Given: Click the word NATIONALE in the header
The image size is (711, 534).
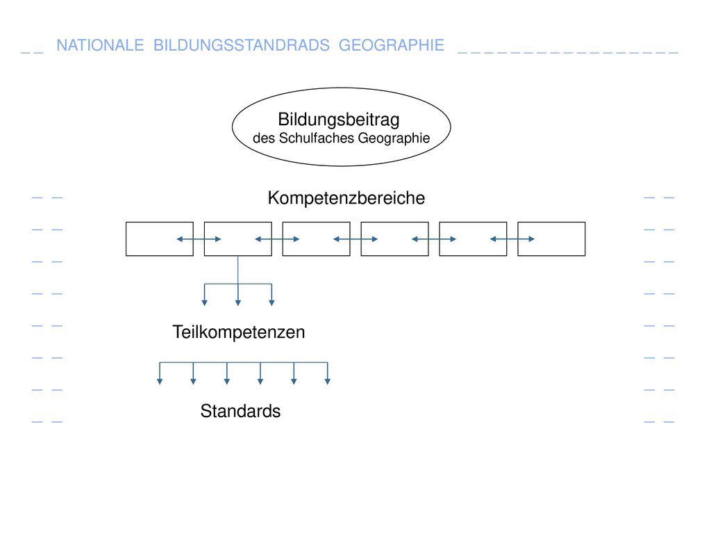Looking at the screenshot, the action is click(100, 45).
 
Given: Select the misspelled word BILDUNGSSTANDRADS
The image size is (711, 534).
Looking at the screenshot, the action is click(241, 45).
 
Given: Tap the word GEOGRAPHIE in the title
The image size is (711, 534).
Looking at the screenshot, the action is click(392, 45).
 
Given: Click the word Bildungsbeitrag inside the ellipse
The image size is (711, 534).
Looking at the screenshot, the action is click(339, 120).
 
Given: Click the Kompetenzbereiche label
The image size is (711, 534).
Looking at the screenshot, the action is click(346, 198).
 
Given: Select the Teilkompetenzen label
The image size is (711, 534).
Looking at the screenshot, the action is click(239, 332).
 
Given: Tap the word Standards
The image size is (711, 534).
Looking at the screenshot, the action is click(240, 411).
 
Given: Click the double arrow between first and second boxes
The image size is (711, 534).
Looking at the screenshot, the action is click(199, 239).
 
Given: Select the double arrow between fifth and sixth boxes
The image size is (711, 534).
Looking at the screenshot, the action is click(512, 239).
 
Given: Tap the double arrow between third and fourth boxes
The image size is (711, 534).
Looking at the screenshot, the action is click(355, 239).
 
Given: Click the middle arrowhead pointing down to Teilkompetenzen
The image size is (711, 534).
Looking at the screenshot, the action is click(238, 303).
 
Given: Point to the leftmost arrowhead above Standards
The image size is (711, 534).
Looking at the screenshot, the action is click(160, 382).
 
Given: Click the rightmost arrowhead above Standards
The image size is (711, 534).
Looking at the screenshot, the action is click(328, 382).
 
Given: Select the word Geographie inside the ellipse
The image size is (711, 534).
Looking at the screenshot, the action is click(394, 138).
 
